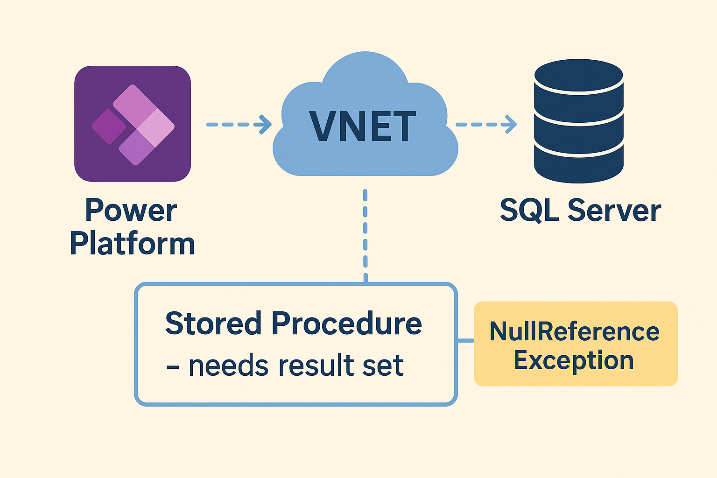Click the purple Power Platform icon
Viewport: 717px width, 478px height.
click(x=133, y=124)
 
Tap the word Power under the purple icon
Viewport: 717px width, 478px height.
click(x=131, y=211)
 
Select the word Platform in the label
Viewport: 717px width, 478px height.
click(x=132, y=243)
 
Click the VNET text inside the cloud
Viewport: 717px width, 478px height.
click(x=362, y=127)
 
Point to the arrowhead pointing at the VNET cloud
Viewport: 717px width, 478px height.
click(x=266, y=125)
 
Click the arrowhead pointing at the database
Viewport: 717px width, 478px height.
click(x=511, y=125)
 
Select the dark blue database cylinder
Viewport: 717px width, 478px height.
click(x=578, y=121)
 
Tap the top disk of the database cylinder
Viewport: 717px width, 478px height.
click(x=578, y=76)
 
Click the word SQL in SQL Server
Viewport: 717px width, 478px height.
click(x=529, y=211)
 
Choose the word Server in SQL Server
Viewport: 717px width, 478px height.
click(x=614, y=211)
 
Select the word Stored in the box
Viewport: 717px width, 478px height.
click(x=213, y=323)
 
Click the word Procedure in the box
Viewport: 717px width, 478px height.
click(x=346, y=323)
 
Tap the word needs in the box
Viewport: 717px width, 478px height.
click(x=229, y=366)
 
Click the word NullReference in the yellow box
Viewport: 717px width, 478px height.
click(x=574, y=331)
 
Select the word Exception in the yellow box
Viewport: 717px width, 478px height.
click(x=574, y=360)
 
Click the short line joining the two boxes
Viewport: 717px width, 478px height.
click(x=465, y=341)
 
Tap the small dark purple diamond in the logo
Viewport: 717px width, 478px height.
click(x=109, y=126)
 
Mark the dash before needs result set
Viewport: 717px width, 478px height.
click(x=173, y=367)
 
